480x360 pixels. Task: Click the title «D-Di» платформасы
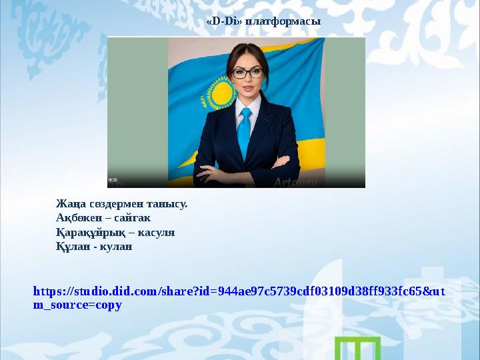pyautogui.click(x=263, y=21)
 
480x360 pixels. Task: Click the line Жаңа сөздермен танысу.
pyautogui.click(x=122, y=203)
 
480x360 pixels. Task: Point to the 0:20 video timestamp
pyautogui.click(x=113, y=180)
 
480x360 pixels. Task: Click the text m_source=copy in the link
pyautogui.click(x=77, y=305)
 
